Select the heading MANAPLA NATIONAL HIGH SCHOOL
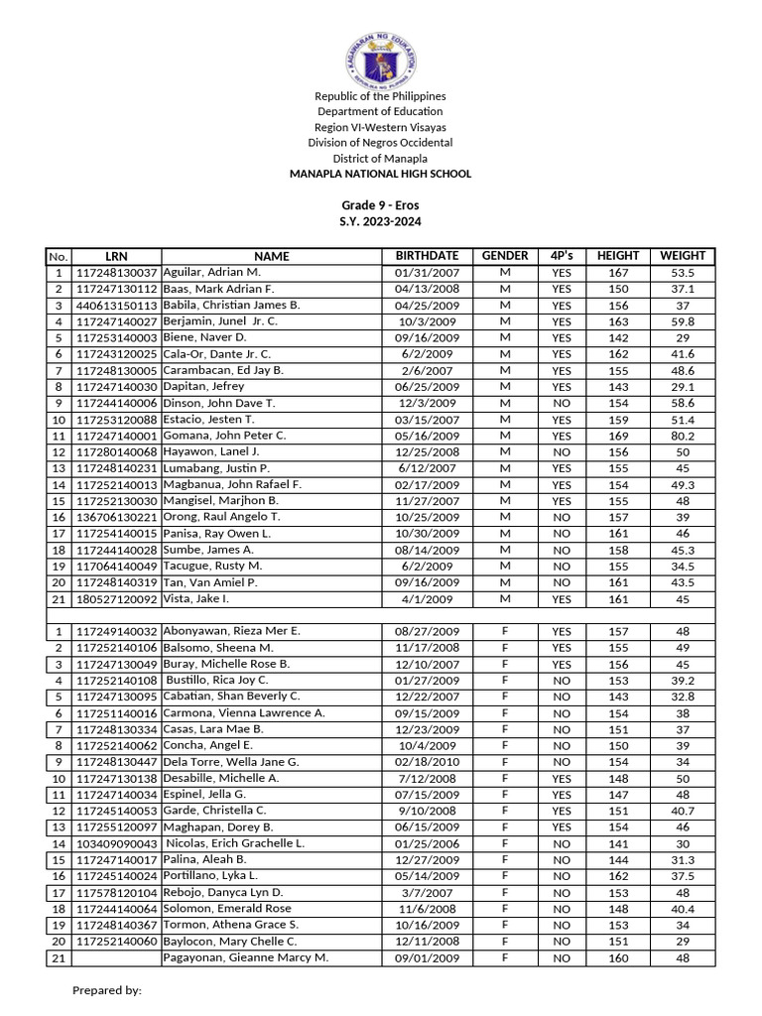coord(380,174)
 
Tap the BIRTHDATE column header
coord(427,256)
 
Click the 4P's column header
coord(562,256)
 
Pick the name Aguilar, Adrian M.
coord(212,272)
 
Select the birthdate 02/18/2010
coord(427,762)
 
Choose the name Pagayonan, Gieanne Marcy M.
coord(244,957)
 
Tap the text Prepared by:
coord(107,990)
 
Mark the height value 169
coord(619,436)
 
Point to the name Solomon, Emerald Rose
coord(227,909)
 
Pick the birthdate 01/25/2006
coord(427,843)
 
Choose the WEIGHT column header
coord(682,256)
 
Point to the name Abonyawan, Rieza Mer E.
coord(231,631)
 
